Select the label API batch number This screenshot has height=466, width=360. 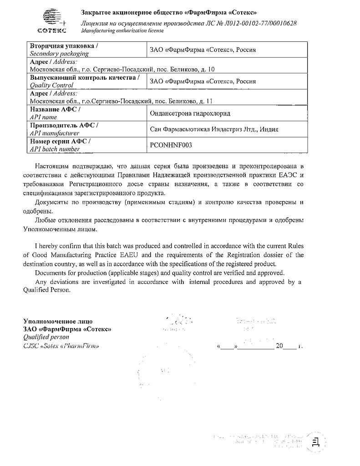tap(55, 148)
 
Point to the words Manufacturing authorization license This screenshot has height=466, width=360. tap(122, 30)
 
